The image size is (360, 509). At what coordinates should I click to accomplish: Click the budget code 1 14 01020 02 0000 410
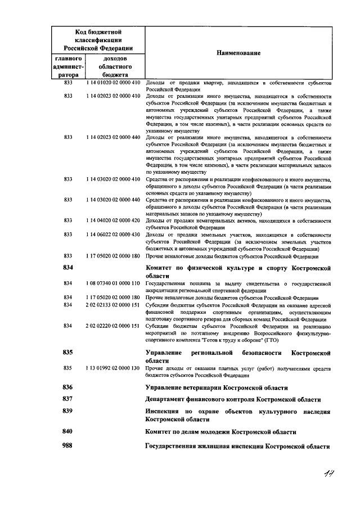point(112,83)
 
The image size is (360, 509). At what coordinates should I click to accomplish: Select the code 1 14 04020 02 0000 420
point(112,221)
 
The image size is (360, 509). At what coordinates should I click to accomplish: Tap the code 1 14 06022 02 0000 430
point(112,235)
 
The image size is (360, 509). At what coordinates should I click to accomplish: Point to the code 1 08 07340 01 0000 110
point(112,283)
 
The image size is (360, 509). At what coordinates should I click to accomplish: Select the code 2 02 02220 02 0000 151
point(112,326)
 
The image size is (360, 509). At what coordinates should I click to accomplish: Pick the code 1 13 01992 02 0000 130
point(112,368)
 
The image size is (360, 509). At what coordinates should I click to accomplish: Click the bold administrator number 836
point(68,388)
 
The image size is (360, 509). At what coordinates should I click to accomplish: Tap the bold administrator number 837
point(68,399)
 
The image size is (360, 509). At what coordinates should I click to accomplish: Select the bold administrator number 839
point(68,412)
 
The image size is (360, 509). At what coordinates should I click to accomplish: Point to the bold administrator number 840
point(68,431)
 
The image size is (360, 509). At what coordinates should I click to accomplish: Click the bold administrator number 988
point(68,446)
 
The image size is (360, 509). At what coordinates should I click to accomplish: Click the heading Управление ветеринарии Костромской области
point(217,388)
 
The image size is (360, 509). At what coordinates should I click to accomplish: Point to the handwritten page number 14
point(330,475)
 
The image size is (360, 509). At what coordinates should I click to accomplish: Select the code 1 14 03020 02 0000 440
point(112,200)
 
